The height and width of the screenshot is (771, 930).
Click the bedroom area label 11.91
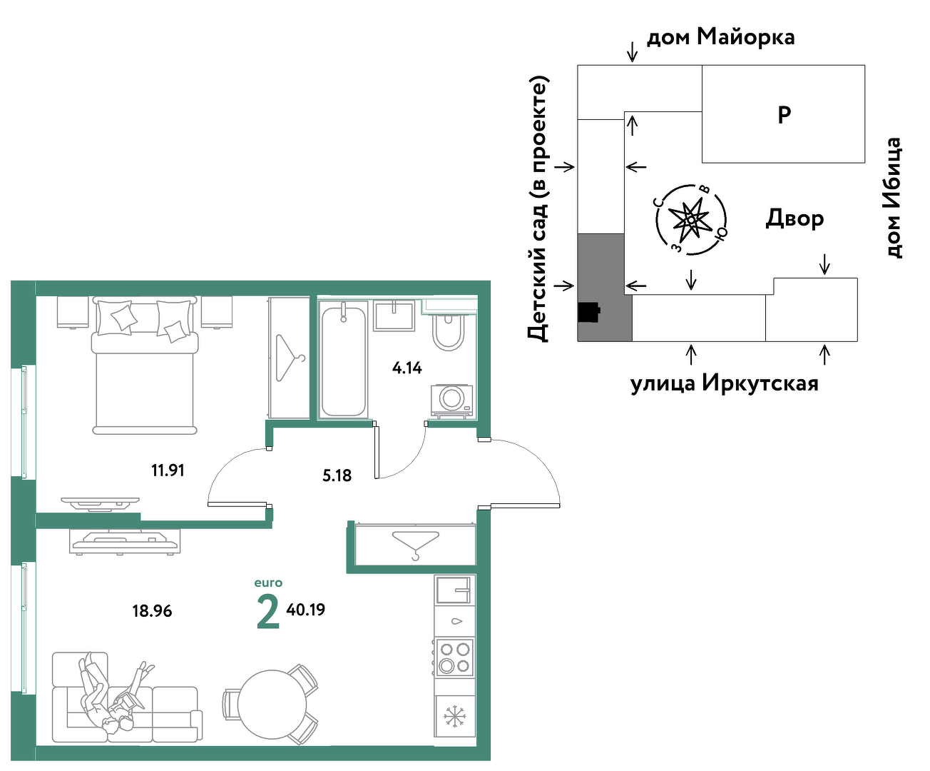pos(168,470)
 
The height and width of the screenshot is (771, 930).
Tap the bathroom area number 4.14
pos(407,368)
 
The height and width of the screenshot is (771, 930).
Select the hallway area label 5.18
pos(337,475)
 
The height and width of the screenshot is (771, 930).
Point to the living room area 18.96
pos(152,611)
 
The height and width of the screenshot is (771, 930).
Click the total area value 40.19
pos(305,610)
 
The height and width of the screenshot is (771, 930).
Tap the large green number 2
pos(268,613)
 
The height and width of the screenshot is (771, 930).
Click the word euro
pos(268,583)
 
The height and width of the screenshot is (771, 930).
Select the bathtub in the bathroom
pos(344,360)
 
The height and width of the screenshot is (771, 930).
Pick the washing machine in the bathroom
pos(451,401)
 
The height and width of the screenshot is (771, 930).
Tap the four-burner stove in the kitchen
pos(455,657)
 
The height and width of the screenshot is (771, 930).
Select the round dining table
pos(272,705)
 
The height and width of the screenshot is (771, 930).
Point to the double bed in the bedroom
pos(145,366)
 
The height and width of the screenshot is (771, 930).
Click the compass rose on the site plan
pos(691,219)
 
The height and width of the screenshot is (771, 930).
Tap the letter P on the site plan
pos(785,115)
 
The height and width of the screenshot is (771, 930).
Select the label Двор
pos(794,218)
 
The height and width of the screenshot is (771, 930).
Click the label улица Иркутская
pos(725,383)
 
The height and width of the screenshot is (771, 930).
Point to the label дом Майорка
pos(720,36)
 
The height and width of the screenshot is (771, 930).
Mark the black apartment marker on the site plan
pos(589,312)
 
